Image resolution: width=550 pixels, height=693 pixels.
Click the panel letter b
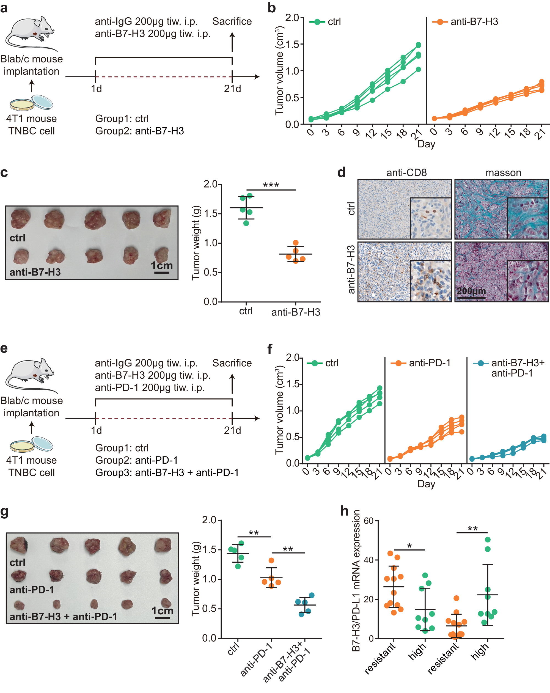point(272,8)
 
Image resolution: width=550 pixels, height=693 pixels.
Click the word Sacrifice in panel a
point(232,21)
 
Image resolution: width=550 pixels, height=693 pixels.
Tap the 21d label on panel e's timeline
point(232,430)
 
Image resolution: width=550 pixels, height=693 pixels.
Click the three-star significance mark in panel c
point(271,185)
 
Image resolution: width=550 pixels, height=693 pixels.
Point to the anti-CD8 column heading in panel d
point(406,173)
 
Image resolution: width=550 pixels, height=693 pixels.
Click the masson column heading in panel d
point(503,173)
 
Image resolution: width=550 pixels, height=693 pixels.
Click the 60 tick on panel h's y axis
point(369,521)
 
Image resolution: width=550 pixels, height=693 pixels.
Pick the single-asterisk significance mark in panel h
point(409,546)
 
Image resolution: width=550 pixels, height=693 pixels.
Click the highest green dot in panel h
point(487,540)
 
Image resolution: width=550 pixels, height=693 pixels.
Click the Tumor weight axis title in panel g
point(196,578)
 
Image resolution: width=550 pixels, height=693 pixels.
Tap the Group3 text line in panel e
point(167,472)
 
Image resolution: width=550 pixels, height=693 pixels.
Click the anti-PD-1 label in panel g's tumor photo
point(32,590)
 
